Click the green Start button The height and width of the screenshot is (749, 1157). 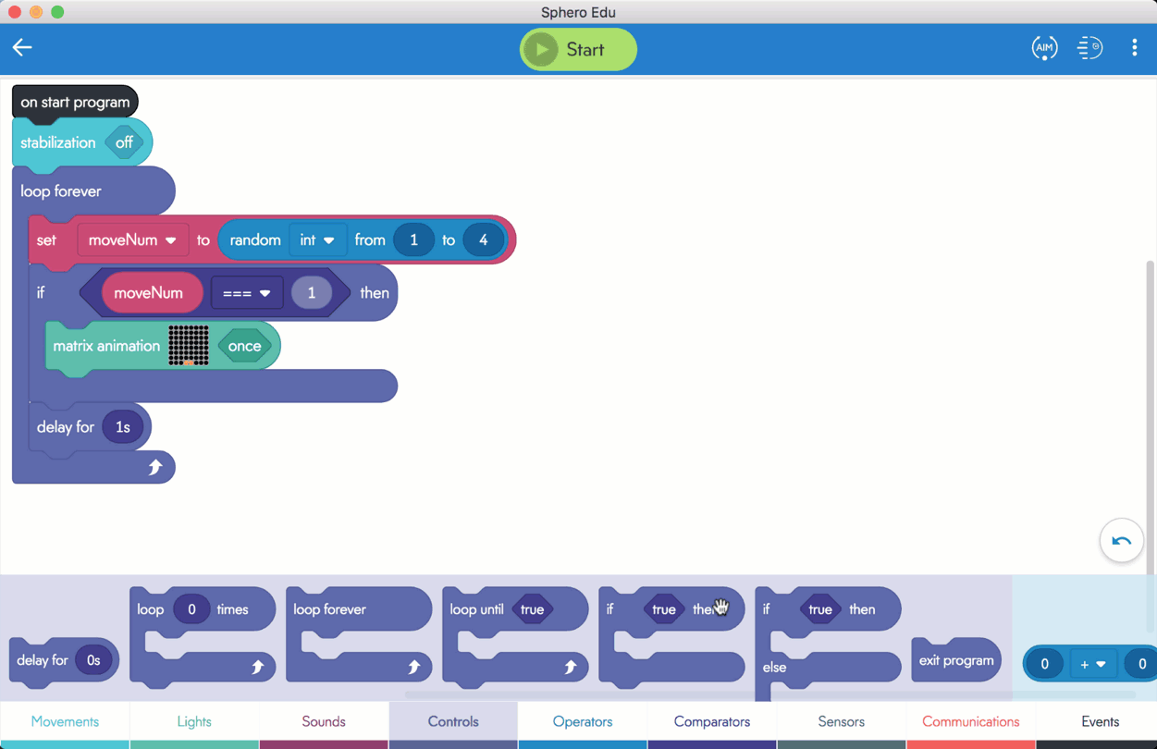(x=578, y=49)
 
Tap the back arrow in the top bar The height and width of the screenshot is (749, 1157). (x=22, y=47)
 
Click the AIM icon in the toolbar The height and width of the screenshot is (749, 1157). (x=1044, y=48)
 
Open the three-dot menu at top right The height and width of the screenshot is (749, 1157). (x=1134, y=47)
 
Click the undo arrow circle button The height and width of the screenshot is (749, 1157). (x=1121, y=541)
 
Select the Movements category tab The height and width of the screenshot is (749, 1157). (x=65, y=721)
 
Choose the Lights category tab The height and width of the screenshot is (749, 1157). (x=194, y=721)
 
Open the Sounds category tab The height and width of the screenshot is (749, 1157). (x=324, y=721)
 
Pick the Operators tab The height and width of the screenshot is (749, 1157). (x=583, y=721)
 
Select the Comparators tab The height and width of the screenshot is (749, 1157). (x=712, y=721)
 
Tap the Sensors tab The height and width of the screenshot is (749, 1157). (x=842, y=721)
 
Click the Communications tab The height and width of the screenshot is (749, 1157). (x=971, y=721)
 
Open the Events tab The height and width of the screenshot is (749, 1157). (x=1101, y=721)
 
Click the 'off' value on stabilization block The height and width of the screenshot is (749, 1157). (x=124, y=142)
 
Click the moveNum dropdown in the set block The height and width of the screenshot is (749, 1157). (x=133, y=239)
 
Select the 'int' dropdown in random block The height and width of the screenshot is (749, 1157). (x=317, y=239)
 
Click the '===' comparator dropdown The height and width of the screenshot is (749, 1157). (x=247, y=293)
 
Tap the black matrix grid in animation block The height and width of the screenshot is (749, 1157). (x=189, y=346)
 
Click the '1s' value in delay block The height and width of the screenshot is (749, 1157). (x=123, y=426)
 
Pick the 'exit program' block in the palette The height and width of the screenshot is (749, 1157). (x=956, y=660)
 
